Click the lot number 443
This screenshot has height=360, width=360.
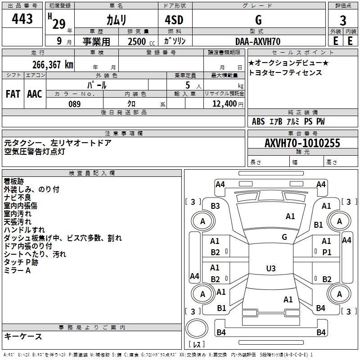[22, 19]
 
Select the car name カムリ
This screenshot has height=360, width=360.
[116, 20]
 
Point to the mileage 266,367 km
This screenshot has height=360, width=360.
[53, 64]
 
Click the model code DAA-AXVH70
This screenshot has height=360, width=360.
[258, 41]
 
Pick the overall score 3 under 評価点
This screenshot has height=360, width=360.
[343, 20]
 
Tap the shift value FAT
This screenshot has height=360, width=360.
[13, 94]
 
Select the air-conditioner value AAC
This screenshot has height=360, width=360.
[35, 94]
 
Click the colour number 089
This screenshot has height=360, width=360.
[74, 104]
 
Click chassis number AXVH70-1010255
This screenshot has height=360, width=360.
[302, 143]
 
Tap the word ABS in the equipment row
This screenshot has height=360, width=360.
[258, 121]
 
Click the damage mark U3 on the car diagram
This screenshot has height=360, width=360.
[270, 269]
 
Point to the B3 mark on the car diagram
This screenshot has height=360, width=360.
[216, 206]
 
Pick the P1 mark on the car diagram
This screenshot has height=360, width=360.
[327, 252]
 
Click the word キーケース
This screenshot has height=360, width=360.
[23, 337]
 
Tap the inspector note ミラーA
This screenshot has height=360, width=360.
[18, 270]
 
